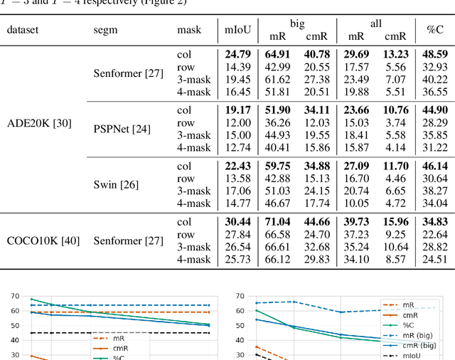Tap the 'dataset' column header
(x=23, y=30)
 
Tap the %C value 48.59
(x=433, y=53)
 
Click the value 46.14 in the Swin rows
(x=433, y=166)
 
